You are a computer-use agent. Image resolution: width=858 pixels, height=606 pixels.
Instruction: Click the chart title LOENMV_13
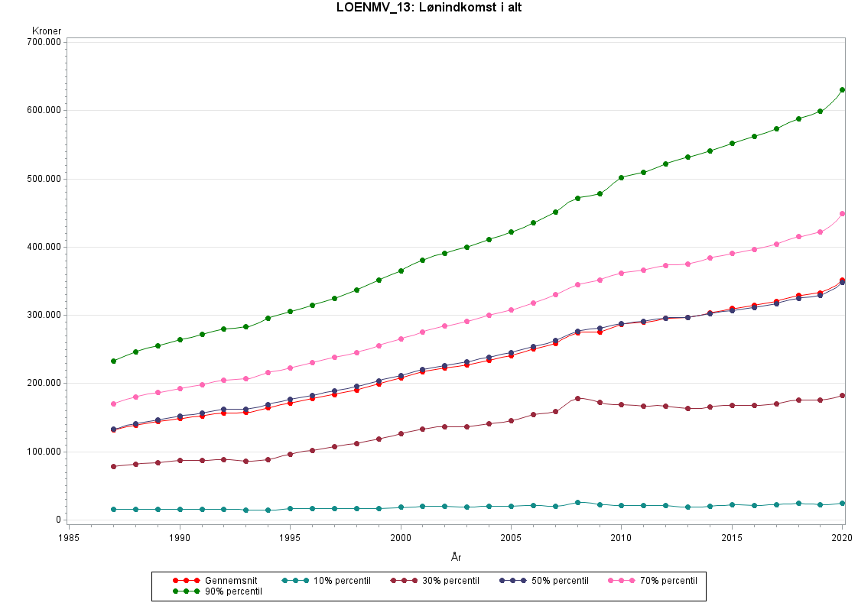(429, 8)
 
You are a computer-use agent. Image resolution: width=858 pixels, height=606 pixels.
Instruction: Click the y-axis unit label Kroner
(47, 31)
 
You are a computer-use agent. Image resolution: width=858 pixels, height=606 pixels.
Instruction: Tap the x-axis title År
(456, 557)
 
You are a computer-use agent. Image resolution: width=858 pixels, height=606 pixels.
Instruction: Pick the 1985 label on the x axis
(69, 538)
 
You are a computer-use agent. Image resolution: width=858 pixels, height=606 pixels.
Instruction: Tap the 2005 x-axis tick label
(511, 538)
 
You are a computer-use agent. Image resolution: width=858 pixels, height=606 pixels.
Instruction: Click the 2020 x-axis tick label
(842, 538)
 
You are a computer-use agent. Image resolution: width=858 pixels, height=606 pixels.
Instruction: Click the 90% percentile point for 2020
(842, 90)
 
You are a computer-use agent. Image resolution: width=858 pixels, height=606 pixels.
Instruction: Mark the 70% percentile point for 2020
(842, 214)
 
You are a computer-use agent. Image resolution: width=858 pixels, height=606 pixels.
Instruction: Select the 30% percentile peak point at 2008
(577, 398)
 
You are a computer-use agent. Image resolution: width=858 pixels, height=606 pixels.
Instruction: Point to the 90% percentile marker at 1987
(113, 361)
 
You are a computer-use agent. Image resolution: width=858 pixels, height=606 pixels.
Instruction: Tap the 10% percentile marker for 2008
(577, 502)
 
